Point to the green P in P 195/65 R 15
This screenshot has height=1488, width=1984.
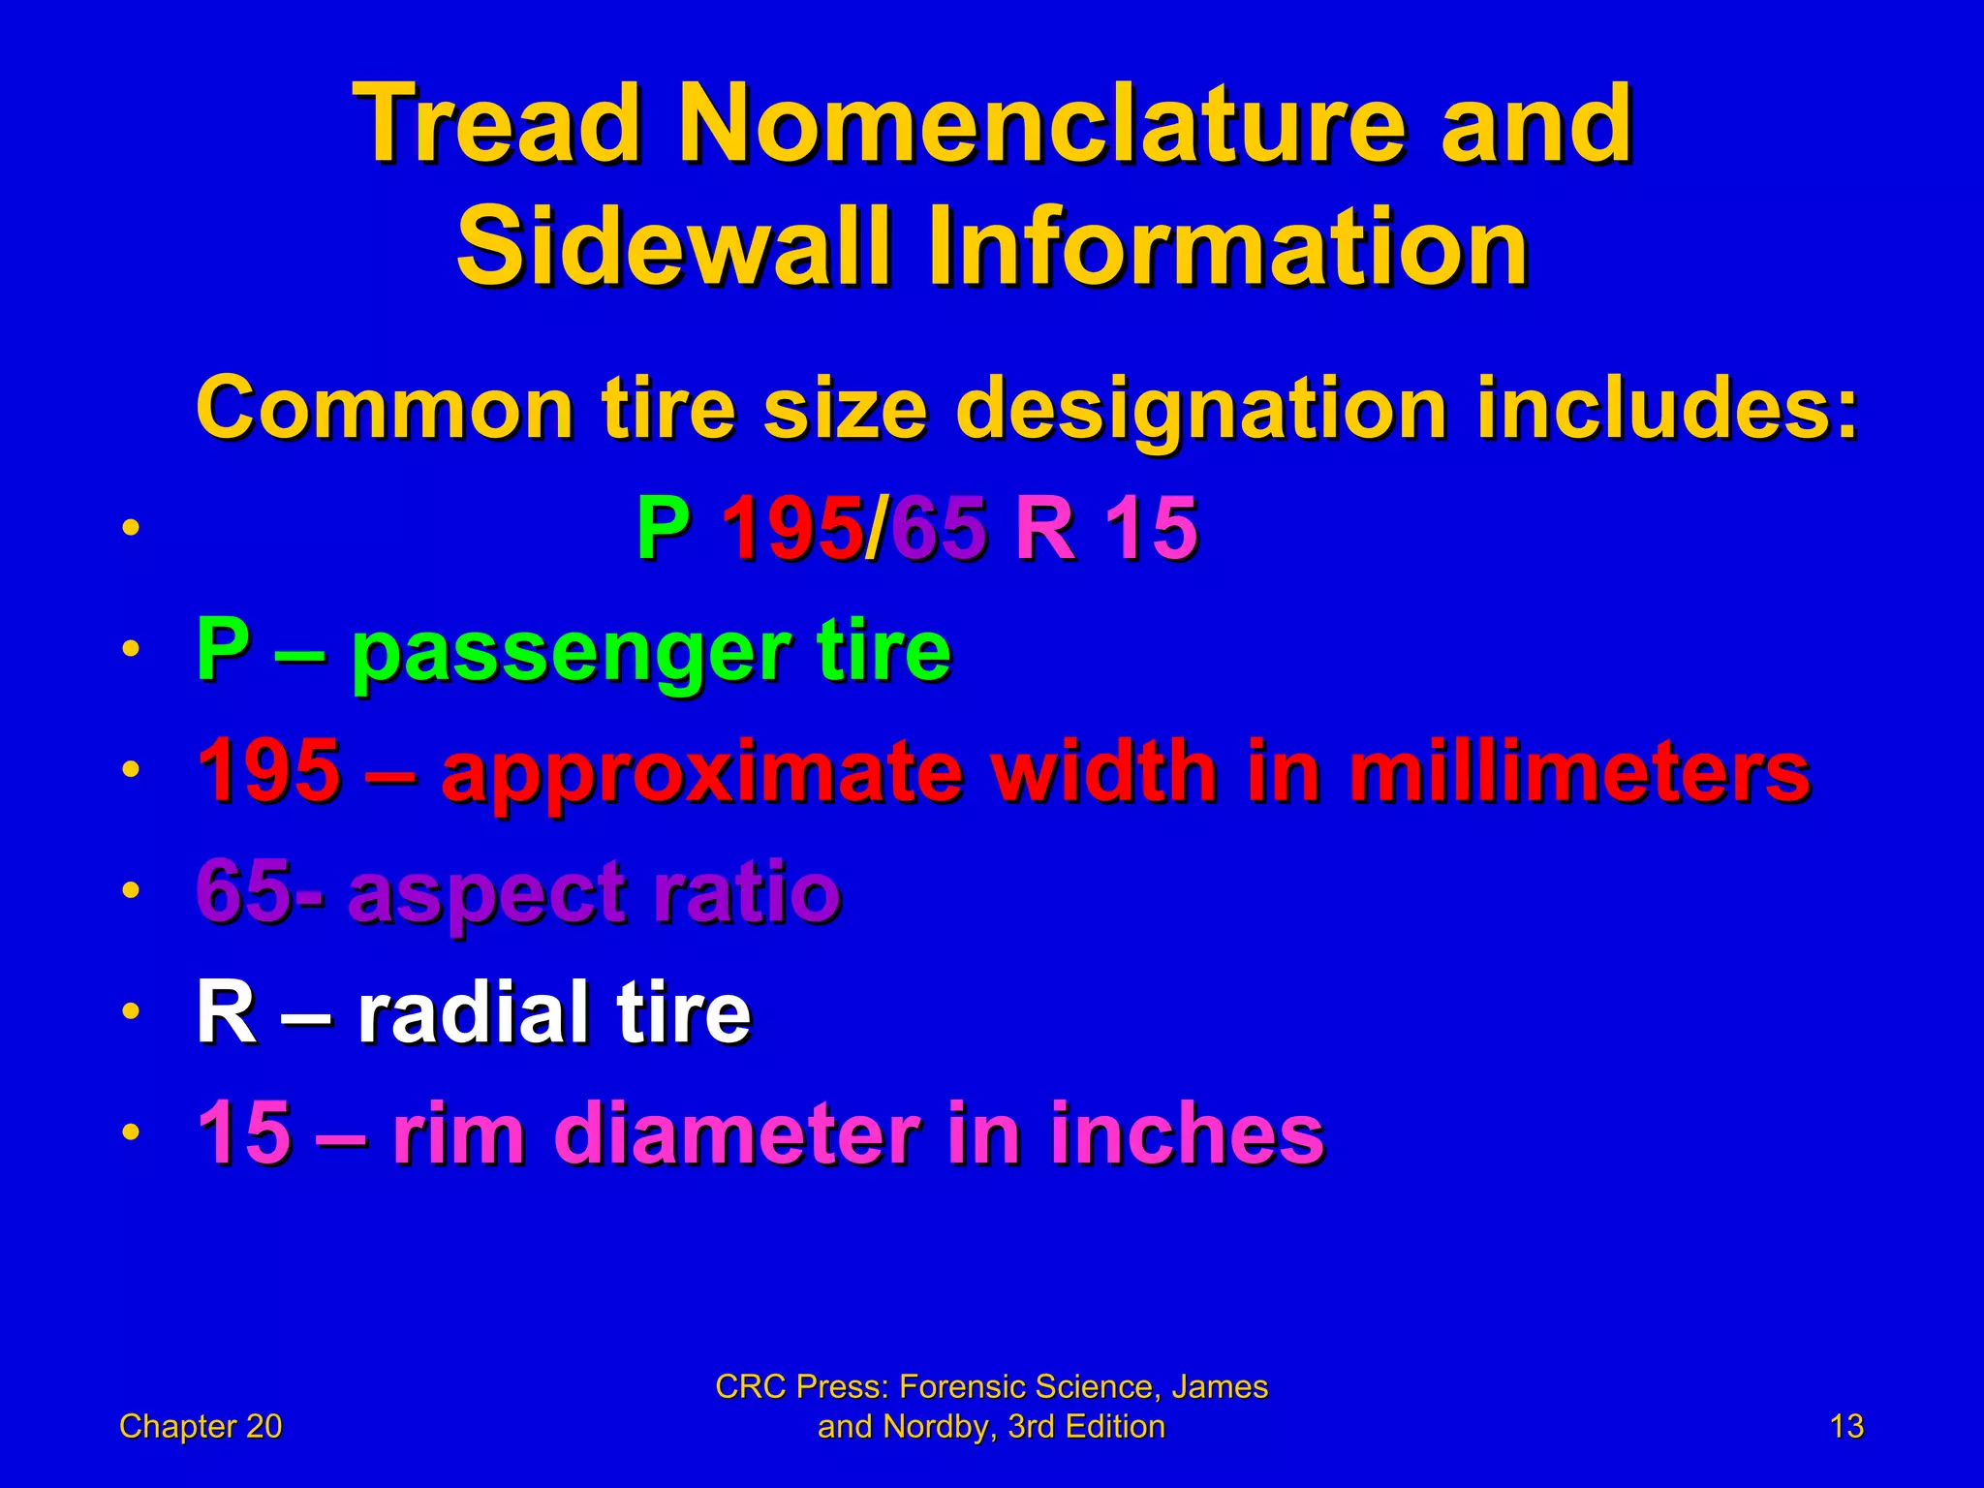(x=664, y=529)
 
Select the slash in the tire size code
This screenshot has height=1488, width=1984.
(x=876, y=529)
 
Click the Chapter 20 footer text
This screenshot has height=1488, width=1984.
(x=201, y=1426)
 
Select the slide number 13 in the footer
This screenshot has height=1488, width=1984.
(x=1846, y=1426)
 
